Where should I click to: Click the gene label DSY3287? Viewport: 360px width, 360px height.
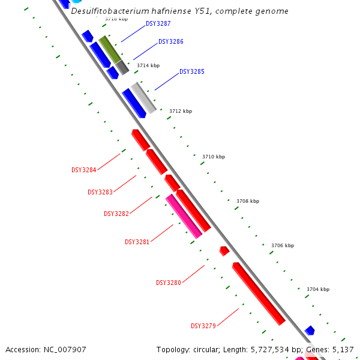[158, 24]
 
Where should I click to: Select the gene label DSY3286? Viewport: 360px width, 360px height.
[171, 42]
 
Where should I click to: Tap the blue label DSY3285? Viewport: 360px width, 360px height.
[192, 72]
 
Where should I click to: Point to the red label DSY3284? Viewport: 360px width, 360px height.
[84, 170]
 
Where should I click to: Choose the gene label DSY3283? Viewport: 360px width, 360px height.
[100, 192]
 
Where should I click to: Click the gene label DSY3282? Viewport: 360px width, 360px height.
[116, 214]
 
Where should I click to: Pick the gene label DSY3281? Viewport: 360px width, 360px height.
[137, 242]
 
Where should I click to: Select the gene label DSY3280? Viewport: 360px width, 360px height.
[169, 283]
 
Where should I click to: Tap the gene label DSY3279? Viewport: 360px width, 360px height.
[203, 326]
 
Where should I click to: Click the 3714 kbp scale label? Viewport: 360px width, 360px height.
[148, 65]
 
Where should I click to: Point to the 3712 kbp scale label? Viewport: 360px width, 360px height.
[181, 111]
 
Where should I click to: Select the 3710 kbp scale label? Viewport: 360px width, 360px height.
[214, 157]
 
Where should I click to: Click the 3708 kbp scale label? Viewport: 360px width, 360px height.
[248, 201]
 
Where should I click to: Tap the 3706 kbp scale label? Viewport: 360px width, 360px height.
[283, 245]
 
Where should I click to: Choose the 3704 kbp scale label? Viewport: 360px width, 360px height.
[318, 289]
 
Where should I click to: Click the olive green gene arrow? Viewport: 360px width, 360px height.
[110, 49]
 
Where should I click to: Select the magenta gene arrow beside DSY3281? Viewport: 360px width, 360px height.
[184, 216]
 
